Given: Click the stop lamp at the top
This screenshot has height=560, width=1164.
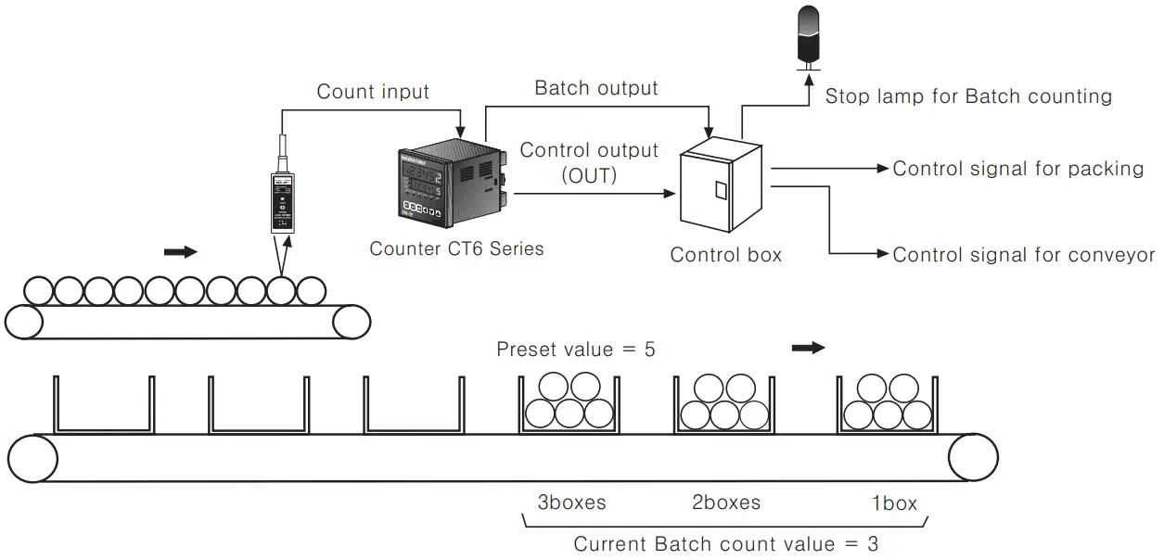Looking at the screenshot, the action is pyautogui.click(x=808, y=37).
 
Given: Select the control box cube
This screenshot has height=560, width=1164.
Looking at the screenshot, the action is pyautogui.click(x=722, y=185).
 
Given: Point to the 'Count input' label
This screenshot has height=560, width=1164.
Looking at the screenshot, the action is pyautogui.click(x=373, y=92).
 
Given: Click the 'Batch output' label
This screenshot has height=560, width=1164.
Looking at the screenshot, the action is pyautogui.click(x=596, y=88).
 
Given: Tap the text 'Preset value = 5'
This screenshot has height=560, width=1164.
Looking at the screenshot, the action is pyautogui.click(x=576, y=350).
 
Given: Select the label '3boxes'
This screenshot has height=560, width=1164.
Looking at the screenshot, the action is pyautogui.click(x=571, y=503).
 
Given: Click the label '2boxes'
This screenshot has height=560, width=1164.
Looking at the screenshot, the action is pyautogui.click(x=726, y=503).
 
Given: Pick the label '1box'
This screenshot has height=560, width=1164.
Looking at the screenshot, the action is pyautogui.click(x=894, y=503).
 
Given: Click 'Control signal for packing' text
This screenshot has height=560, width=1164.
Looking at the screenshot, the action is pyautogui.click(x=1018, y=169).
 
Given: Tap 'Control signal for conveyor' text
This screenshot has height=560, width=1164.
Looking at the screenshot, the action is pyautogui.click(x=1024, y=255).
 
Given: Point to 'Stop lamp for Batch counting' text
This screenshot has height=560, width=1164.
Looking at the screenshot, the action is pyautogui.click(x=968, y=96).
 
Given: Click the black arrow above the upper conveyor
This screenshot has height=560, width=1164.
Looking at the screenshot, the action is pyautogui.click(x=181, y=252).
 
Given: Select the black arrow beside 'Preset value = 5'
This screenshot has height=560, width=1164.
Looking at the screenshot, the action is pyautogui.click(x=809, y=348).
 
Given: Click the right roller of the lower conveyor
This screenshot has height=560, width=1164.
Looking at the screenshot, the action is pyautogui.click(x=973, y=458).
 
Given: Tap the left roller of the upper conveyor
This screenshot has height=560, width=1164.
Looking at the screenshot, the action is pyautogui.click(x=24, y=322).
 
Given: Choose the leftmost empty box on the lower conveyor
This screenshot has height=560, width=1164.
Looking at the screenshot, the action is pyautogui.click(x=104, y=404).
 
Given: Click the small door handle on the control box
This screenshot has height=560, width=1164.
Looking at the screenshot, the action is pyautogui.click(x=721, y=190).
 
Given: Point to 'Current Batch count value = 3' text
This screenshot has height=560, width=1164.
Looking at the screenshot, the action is pyautogui.click(x=726, y=544).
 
